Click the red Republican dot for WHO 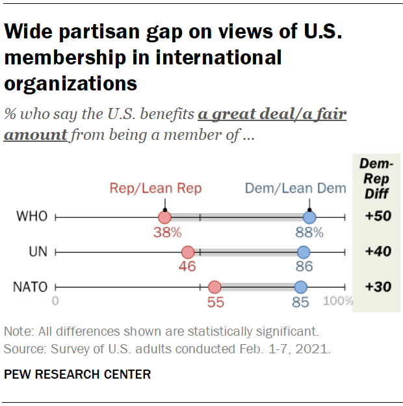coord(164,217)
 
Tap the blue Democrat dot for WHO coord(309,217)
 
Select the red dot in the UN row coord(188,252)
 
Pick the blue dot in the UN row coord(304,252)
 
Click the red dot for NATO coord(214,286)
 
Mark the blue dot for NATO coord(300,286)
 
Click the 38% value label coord(167,232)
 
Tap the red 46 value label coord(187,266)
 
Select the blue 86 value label coord(304,266)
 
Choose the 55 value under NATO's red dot coord(214,301)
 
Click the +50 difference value coord(377,217)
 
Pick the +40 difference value coord(377,252)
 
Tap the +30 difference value coord(377,286)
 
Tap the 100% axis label coord(338,301)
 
